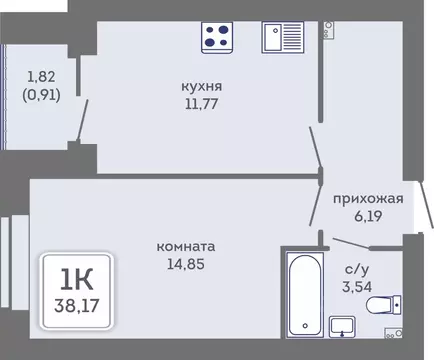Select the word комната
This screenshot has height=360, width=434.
[x=187, y=245]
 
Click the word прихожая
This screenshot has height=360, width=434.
[x=369, y=198]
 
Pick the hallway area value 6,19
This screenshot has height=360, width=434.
[x=369, y=214]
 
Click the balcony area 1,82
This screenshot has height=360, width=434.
[x=40, y=76]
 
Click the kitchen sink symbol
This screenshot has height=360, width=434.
[x=283, y=37]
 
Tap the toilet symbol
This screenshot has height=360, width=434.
[x=386, y=305]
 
